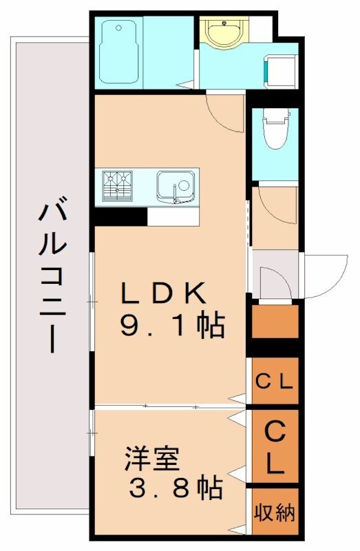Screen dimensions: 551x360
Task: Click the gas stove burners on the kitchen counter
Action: click(x=118, y=185)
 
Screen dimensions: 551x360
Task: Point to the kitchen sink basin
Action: click(x=175, y=185)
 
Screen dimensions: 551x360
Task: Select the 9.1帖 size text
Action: click(x=172, y=326)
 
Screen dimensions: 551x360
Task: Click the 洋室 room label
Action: click(x=152, y=458)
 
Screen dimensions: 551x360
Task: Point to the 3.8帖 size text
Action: click(x=176, y=488)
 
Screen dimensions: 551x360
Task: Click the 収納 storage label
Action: click(x=275, y=512)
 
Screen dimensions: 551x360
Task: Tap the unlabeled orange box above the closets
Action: click(x=275, y=321)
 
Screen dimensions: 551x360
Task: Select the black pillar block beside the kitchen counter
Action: click(x=120, y=216)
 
